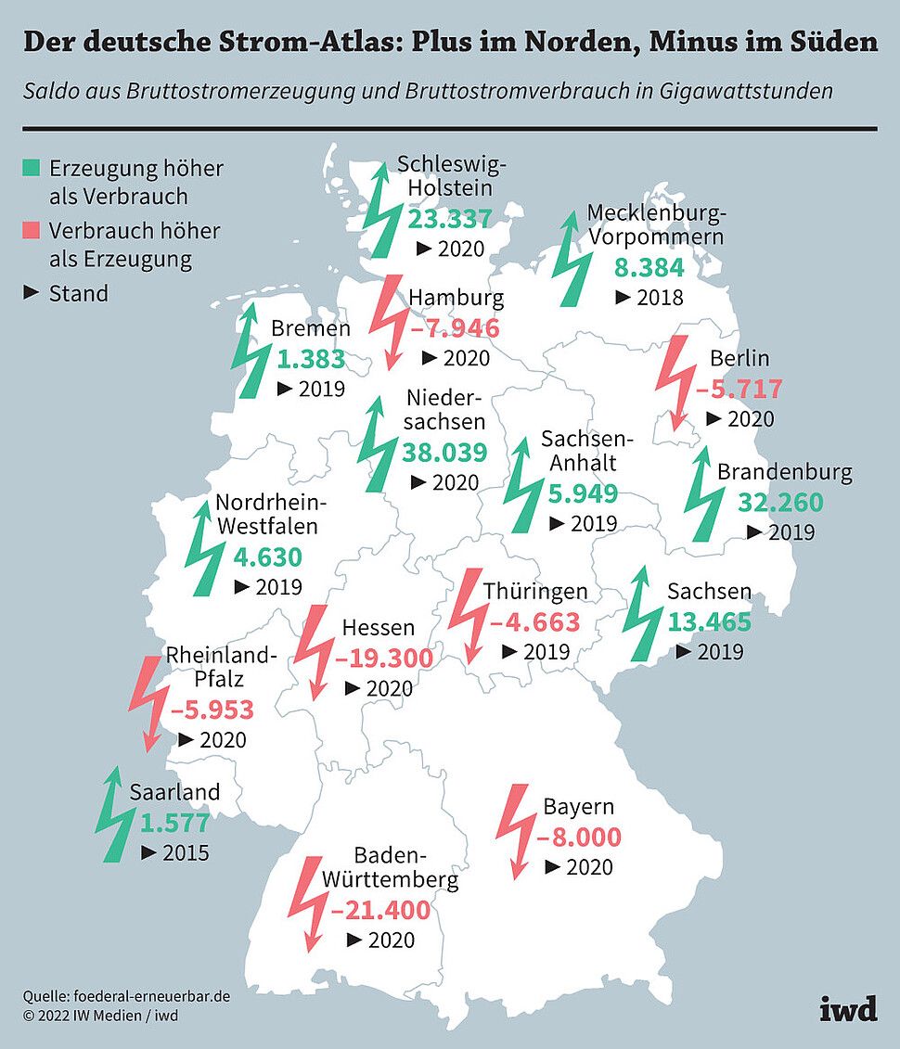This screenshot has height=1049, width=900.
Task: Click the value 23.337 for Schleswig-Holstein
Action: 450,219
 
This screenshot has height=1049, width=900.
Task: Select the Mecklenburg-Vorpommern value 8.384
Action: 649,269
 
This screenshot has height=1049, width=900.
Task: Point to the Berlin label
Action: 739,359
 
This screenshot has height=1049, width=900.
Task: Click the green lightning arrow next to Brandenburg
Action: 705,495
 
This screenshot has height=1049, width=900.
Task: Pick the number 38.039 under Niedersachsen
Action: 444,453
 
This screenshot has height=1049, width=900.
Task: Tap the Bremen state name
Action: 311,329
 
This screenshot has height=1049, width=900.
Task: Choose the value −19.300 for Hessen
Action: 384,659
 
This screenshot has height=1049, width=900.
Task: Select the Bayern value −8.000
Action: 579,838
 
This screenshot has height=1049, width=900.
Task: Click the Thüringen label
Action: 535,592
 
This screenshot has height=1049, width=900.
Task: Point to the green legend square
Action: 32,168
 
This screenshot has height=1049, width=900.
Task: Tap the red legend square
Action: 32,229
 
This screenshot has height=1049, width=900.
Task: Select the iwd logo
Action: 848,1009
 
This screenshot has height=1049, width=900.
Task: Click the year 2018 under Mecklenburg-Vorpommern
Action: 661,298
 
